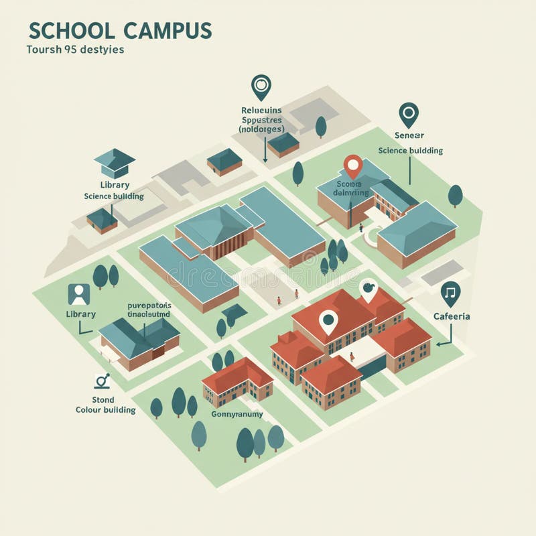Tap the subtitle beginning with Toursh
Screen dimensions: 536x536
click(75, 50)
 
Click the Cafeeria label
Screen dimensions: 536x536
click(451, 316)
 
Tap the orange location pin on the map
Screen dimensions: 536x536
click(353, 165)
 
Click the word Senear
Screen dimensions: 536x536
click(409, 135)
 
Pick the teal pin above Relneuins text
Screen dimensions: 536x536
click(261, 86)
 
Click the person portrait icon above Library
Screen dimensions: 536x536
click(79, 294)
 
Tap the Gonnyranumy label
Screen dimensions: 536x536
click(237, 414)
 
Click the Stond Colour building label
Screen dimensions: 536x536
click(105, 405)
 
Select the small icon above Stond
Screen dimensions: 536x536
click(102, 381)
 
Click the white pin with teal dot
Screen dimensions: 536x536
click(328, 322)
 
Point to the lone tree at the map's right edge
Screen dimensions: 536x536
click(456, 195)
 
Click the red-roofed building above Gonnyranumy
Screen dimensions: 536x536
click(237, 383)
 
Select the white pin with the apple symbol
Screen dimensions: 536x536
click(367, 289)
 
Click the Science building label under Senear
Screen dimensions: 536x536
click(410, 151)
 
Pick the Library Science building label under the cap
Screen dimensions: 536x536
click(113, 190)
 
